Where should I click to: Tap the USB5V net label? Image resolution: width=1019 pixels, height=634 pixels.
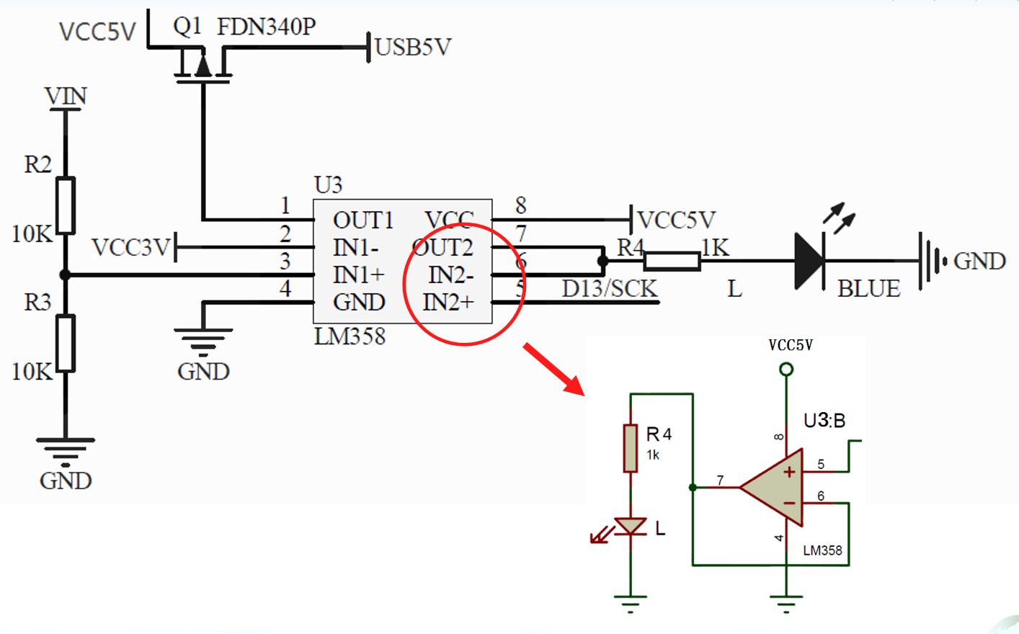coord(413,48)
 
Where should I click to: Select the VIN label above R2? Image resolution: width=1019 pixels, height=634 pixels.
coord(66,96)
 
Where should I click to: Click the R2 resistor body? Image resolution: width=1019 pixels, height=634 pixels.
coord(66,205)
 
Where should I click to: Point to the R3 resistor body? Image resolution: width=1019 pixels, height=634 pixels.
coord(66,344)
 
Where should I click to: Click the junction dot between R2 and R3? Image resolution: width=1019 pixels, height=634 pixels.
coord(66,274)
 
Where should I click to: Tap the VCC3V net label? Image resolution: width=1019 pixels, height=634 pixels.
coord(130,248)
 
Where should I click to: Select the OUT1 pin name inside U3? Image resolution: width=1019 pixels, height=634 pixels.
coord(362,220)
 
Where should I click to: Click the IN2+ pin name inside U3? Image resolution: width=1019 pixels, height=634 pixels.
coord(448,303)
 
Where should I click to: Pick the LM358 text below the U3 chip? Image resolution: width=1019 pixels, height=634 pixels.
coord(350,336)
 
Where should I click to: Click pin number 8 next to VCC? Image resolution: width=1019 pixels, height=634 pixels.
coord(521,206)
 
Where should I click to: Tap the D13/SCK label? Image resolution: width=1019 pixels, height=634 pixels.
coord(609,289)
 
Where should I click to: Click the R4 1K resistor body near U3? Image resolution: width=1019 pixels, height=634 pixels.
coord(672,261)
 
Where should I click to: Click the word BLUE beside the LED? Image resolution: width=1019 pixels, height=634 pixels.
coord(868,289)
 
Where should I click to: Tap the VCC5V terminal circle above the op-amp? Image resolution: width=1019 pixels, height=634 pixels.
coord(786,370)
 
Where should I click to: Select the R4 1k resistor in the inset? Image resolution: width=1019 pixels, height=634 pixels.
coord(631,448)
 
